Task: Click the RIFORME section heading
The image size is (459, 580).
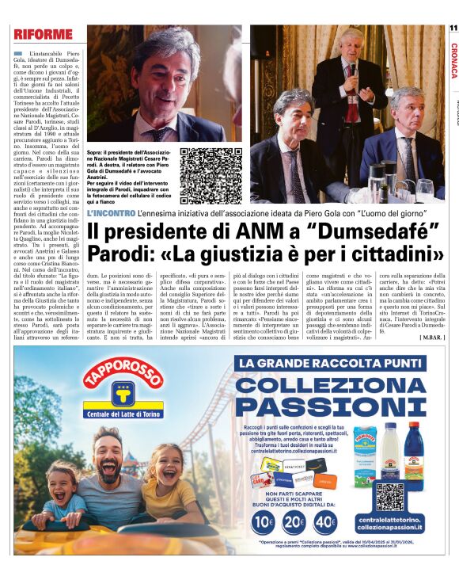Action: click(x=43, y=35)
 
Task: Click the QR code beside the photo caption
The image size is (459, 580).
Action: click(x=199, y=167)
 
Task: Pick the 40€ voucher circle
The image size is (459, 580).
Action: click(x=325, y=522)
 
